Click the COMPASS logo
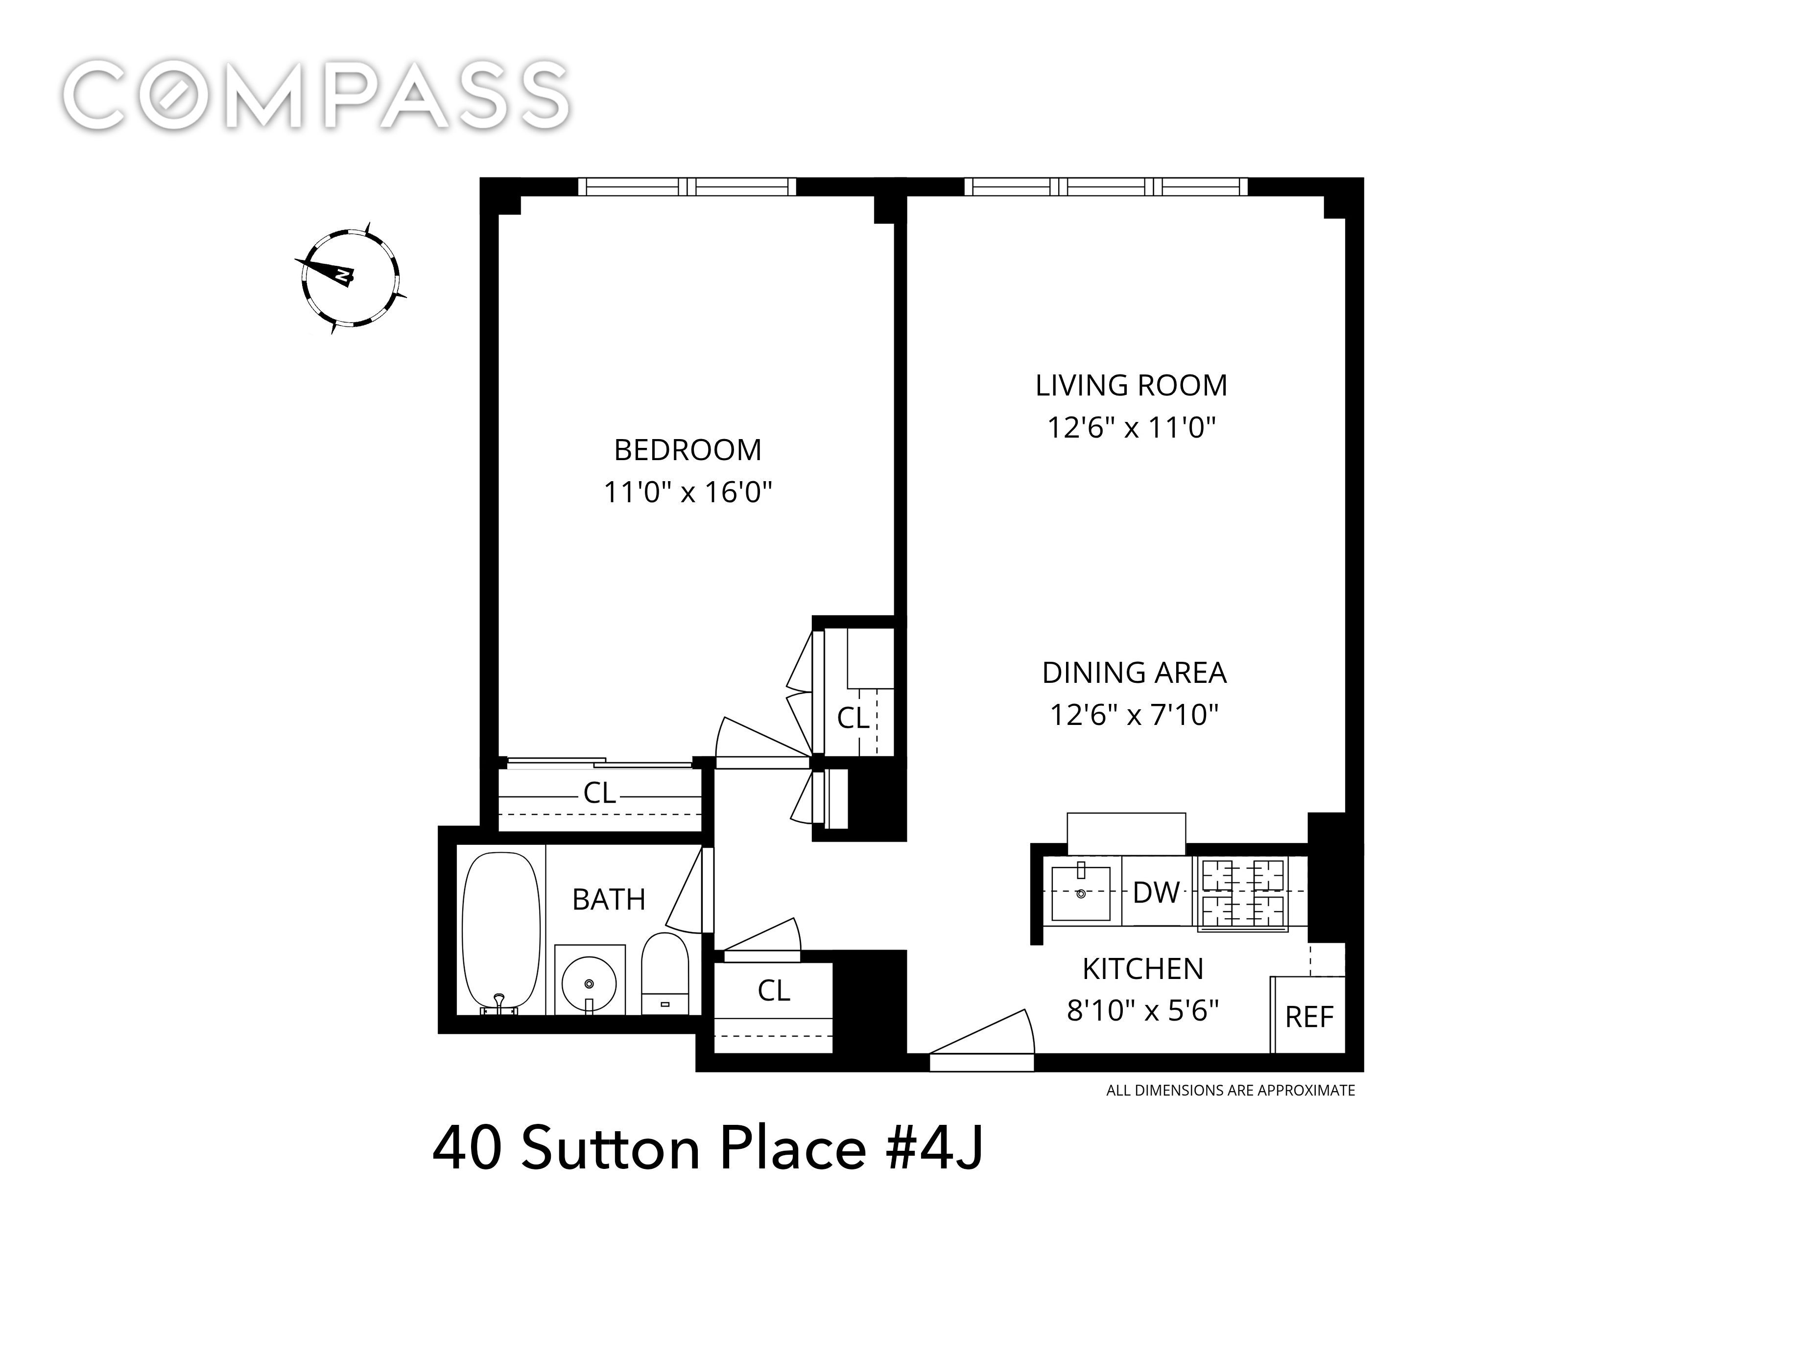tap(316, 95)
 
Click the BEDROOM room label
tap(688, 449)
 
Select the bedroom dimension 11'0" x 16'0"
tap(688, 492)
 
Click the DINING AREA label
tap(1134, 673)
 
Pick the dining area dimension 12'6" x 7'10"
tap(1134, 715)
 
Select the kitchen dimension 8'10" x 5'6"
tap(1143, 1011)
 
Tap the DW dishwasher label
tap(1156, 892)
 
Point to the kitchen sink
tap(1081, 892)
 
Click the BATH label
tap(609, 900)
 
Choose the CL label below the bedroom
tap(599, 792)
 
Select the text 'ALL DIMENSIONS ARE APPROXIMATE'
tap(1230, 1091)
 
